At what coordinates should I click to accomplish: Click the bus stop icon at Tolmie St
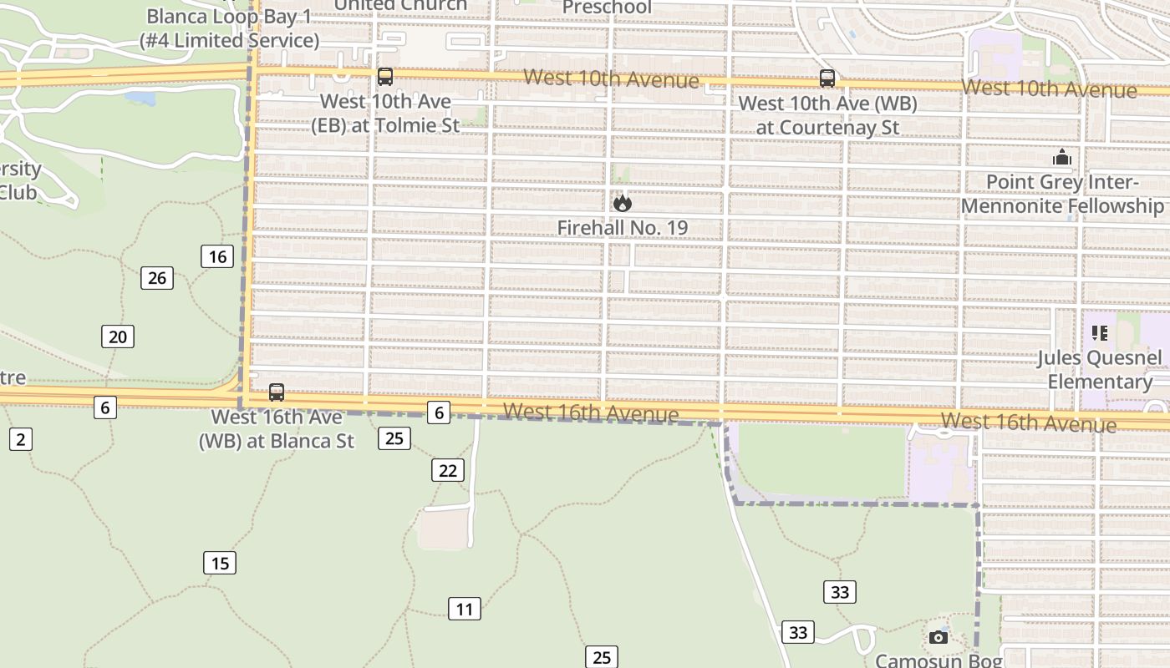[385, 77]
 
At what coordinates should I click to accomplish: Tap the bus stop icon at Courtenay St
[827, 78]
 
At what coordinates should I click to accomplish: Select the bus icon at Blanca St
[277, 392]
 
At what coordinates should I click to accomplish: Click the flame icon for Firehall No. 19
[622, 203]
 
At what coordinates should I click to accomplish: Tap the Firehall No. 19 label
[623, 227]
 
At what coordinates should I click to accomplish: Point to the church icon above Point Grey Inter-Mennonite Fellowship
[1062, 157]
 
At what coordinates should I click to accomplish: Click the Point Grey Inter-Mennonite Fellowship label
[1062, 194]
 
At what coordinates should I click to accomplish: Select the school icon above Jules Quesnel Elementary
[1100, 333]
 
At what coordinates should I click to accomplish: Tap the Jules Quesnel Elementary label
[1100, 370]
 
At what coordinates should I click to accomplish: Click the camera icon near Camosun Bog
[939, 637]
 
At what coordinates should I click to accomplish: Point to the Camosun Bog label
[939, 660]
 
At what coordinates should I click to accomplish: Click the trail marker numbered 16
[217, 256]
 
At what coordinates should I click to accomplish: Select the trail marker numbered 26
[157, 278]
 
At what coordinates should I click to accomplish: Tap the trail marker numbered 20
[118, 337]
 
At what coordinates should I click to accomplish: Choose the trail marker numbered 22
[448, 470]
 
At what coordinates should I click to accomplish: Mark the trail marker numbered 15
[220, 563]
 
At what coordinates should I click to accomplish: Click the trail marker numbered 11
[465, 609]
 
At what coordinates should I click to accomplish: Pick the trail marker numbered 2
[21, 438]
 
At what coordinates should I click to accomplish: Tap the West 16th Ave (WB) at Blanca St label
[277, 428]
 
